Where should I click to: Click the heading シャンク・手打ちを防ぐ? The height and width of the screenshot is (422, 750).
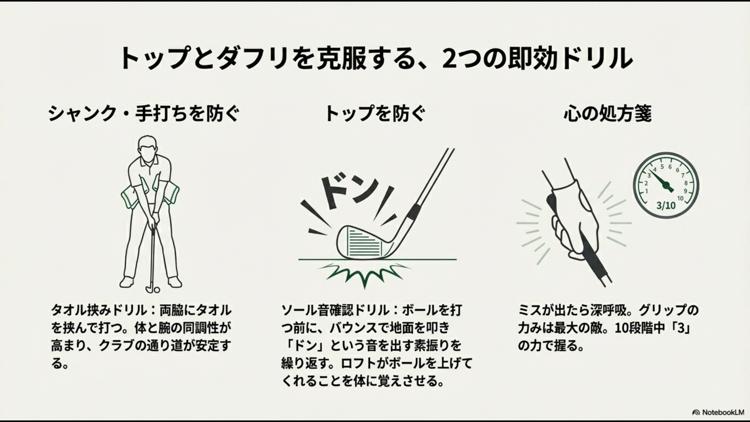click(143, 114)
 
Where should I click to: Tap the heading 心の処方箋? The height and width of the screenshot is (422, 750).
click(607, 114)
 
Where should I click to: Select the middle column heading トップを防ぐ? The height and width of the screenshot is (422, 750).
click(375, 114)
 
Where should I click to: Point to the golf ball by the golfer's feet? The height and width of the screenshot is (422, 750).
click(157, 290)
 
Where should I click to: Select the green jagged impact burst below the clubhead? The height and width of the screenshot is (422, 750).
click(365, 274)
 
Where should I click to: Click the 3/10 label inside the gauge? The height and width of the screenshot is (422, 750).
click(666, 205)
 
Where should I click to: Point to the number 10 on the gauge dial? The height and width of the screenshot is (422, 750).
click(680, 198)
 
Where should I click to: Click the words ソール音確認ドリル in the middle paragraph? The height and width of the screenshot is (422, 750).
click(336, 311)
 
